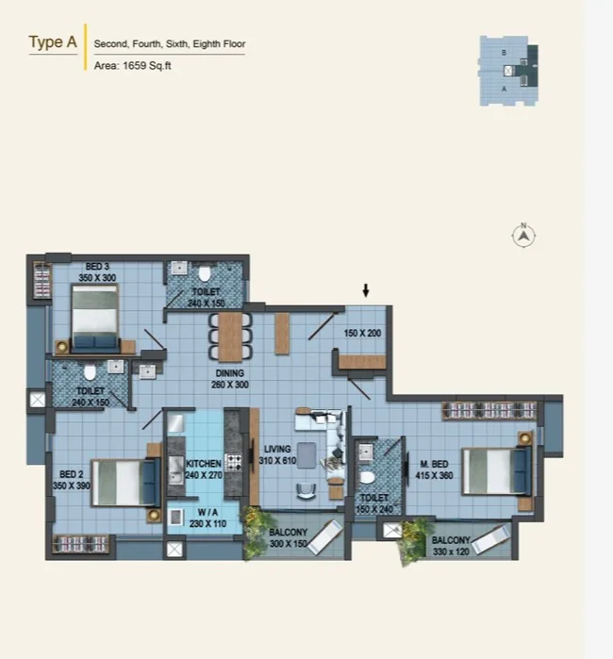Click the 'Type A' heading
pyautogui.click(x=53, y=42)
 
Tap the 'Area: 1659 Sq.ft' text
pyautogui.click(x=132, y=66)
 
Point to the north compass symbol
pyautogui.click(x=523, y=236)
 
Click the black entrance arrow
pyautogui.click(x=366, y=290)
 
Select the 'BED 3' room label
pyautogui.click(x=97, y=267)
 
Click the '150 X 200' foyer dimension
pyautogui.click(x=362, y=334)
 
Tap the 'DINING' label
pyautogui.click(x=229, y=372)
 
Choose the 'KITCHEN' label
pyautogui.click(x=204, y=464)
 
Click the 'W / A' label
pyautogui.click(x=207, y=512)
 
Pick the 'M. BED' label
pyautogui.click(x=435, y=464)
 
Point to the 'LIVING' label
pyautogui.click(x=277, y=449)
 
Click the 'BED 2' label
pyautogui.click(x=71, y=474)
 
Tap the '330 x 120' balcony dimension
pyautogui.click(x=451, y=552)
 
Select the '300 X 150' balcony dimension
pyautogui.click(x=289, y=543)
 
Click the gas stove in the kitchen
pyautogui.click(x=234, y=462)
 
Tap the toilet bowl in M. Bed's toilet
pyautogui.click(x=367, y=478)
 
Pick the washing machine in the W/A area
pyautogui.click(x=175, y=517)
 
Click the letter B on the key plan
pyautogui.click(x=504, y=53)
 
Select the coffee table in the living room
pyautogui.click(x=306, y=455)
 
